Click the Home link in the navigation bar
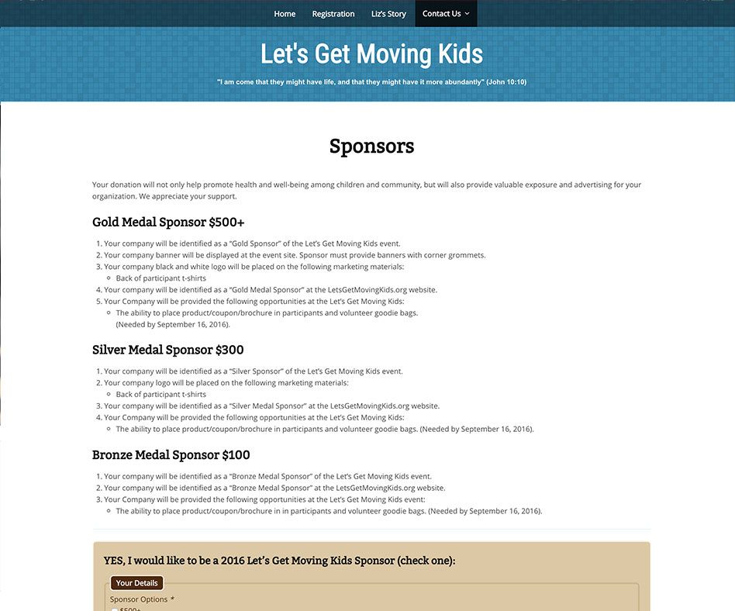[x=285, y=14]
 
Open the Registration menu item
[x=333, y=14]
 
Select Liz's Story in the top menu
[x=388, y=14]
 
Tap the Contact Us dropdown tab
[x=446, y=14]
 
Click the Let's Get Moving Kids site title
[x=371, y=54]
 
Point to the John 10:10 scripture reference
[x=506, y=81]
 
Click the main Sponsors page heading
[x=371, y=146]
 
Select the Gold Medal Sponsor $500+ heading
[x=168, y=223]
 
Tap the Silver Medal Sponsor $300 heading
[x=167, y=350]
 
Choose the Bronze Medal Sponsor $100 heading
[x=171, y=455]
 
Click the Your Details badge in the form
[x=136, y=583]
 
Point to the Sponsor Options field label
[x=140, y=599]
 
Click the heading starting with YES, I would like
[x=279, y=561]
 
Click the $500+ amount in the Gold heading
[x=226, y=223]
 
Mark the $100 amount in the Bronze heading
[x=236, y=455]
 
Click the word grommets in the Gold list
[x=468, y=255]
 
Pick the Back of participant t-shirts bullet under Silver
[x=161, y=395]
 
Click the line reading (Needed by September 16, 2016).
[x=173, y=325]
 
